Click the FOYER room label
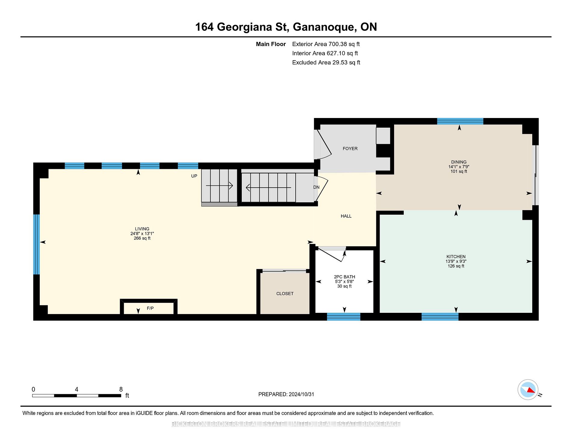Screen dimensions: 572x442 [x=350, y=148]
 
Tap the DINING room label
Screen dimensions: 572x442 [x=459, y=162]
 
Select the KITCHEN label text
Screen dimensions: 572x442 [x=456, y=257]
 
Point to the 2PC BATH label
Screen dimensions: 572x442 [x=344, y=277]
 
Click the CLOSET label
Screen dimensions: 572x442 [x=285, y=294]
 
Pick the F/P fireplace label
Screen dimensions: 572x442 [x=150, y=308]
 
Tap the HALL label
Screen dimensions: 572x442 [x=346, y=216]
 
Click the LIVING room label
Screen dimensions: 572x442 [x=142, y=229]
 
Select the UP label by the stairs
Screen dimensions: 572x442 [x=194, y=176]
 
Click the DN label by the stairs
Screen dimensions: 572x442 [x=316, y=187]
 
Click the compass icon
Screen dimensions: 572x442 [x=528, y=390]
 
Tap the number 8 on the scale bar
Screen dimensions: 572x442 [x=121, y=389]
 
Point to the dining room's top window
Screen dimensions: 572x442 [x=460, y=121]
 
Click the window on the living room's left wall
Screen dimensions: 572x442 [x=36, y=244]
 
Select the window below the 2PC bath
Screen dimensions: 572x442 [x=344, y=317]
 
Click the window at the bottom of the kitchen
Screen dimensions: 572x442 [x=440, y=317]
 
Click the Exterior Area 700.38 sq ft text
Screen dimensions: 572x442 [x=326, y=44]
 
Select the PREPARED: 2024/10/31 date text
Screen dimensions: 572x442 [x=286, y=394]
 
